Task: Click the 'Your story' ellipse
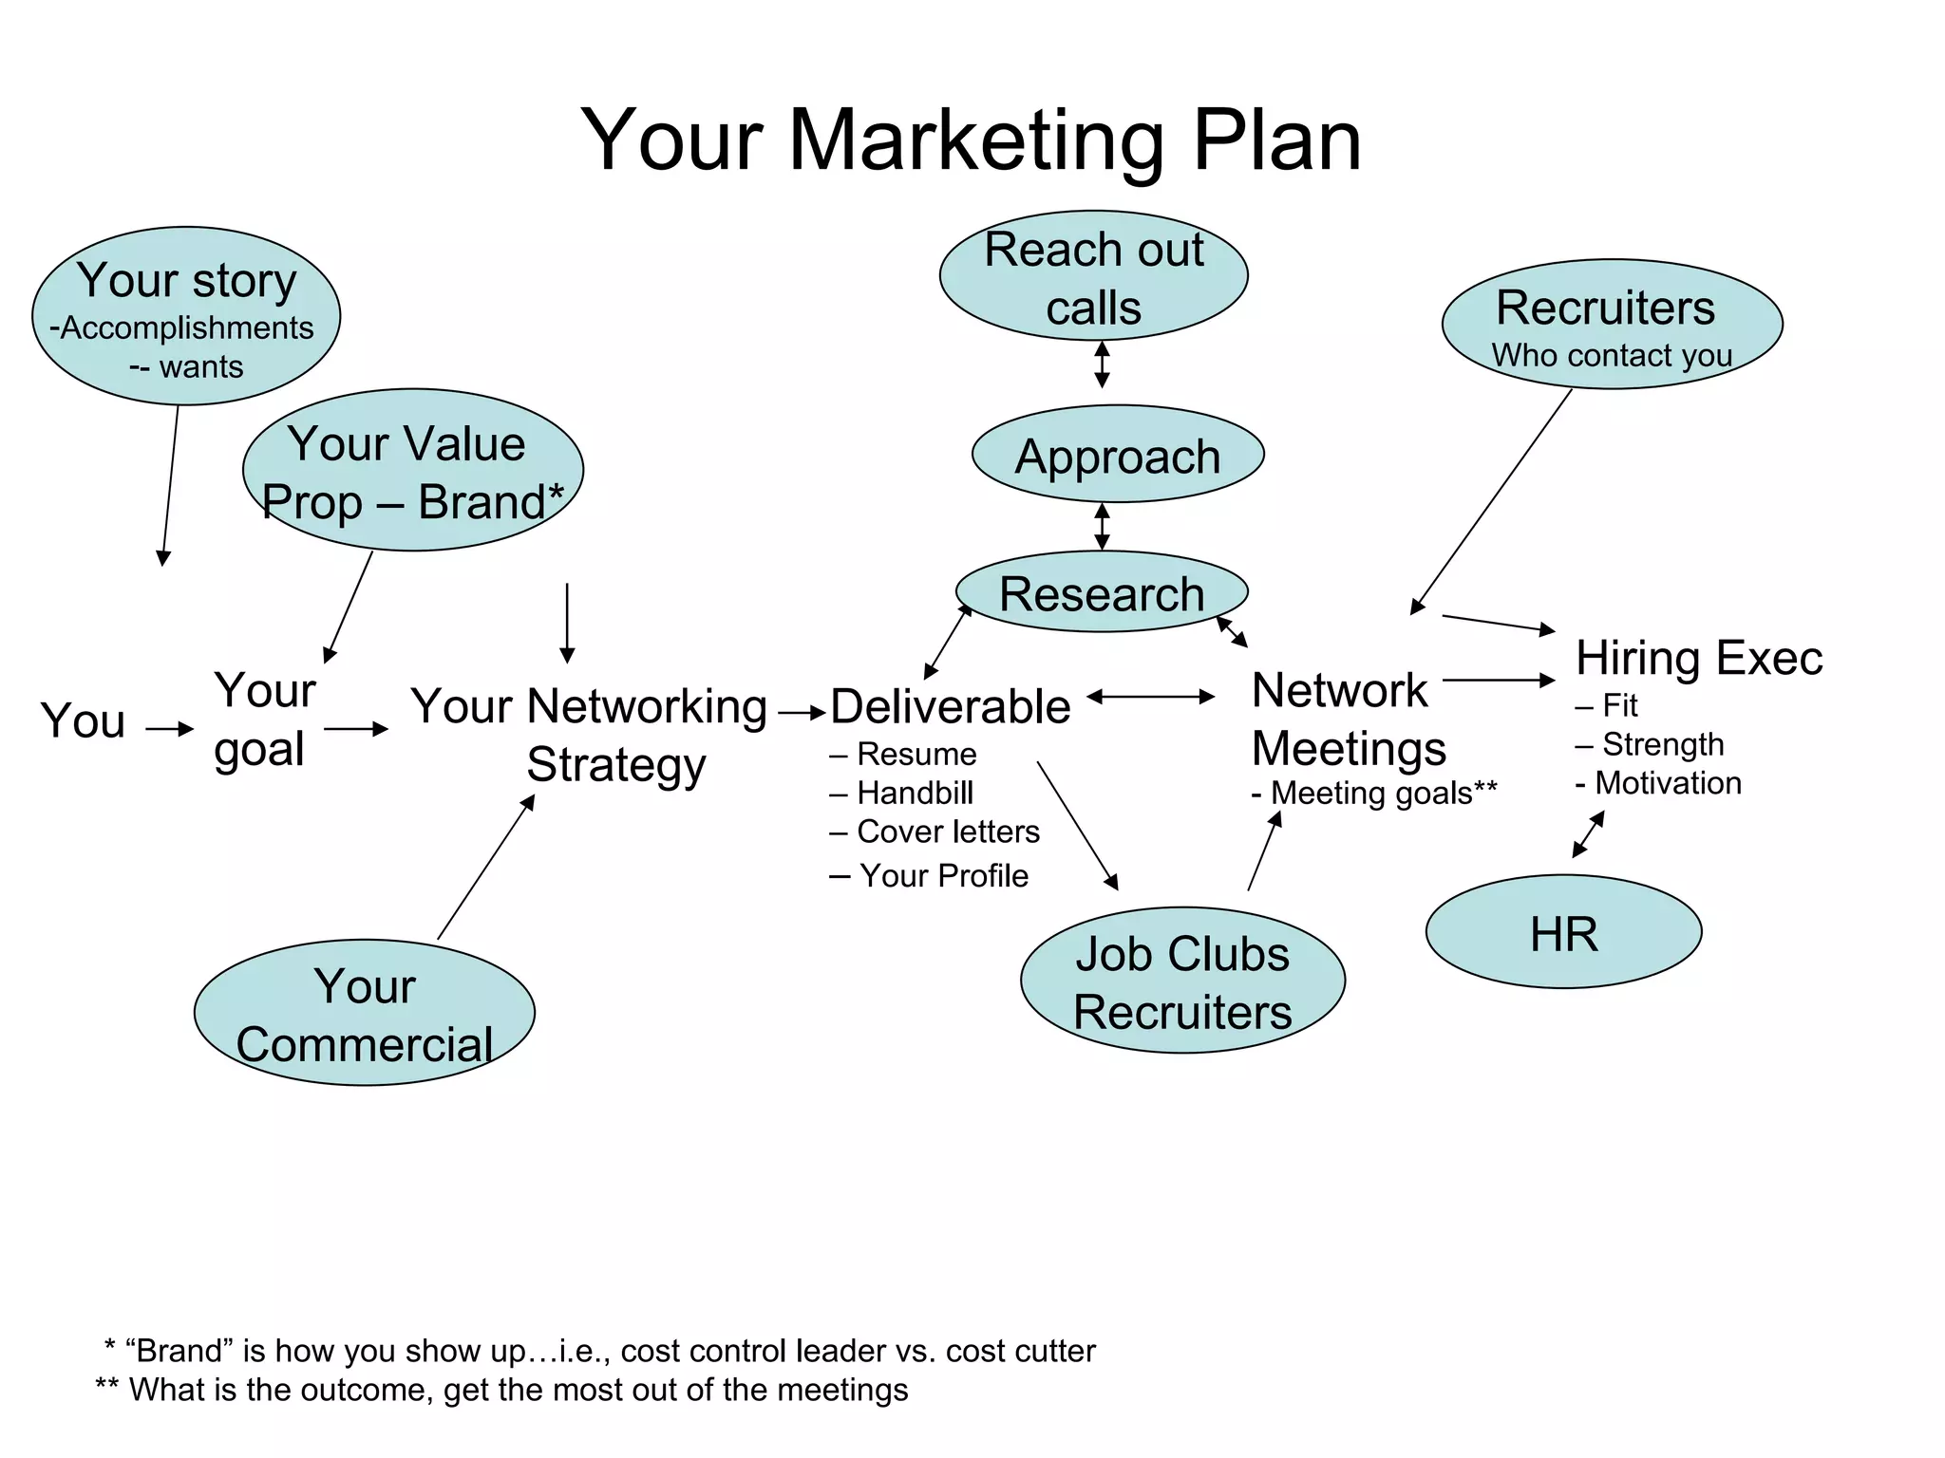click(186, 316)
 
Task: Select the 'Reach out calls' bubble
click(1093, 276)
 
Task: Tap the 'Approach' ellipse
click(1118, 455)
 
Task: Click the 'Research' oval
click(1102, 592)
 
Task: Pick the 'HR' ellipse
click(1563, 932)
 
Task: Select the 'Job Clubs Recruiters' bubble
click(1182, 981)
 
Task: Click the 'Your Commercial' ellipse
click(365, 1013)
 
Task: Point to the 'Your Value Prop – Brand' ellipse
click(413, 471)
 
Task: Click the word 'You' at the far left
click(83, 720)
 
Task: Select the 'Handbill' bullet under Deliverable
click(915, 793)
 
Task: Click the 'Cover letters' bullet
click(947, 832)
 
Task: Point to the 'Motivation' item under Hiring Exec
click(1668, 783)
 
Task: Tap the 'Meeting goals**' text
click(1383, 793)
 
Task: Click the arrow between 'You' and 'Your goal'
click(170, 729)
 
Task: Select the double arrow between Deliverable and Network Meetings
click(1151, 697)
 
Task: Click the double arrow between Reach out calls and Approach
click(1102, 364)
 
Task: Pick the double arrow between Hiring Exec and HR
click(1588, 834)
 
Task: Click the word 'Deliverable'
click(950, 707)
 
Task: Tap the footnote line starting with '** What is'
click(502, 1390)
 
